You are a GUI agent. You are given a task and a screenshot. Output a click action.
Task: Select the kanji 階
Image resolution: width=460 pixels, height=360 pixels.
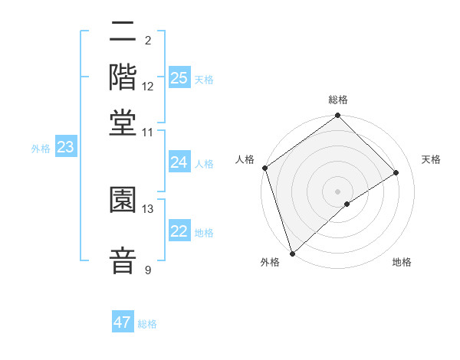pyautogui.click(x=123, y=78)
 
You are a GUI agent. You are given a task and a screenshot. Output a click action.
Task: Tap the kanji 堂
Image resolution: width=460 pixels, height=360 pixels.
pyautogui.click(x=123, y=122)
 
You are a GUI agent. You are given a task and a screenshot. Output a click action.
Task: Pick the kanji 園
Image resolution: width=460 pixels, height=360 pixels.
pyautogui.click(x=123, y=200)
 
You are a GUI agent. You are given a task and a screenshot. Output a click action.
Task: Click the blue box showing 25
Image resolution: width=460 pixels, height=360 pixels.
pyautogui.click(x=179, y=78)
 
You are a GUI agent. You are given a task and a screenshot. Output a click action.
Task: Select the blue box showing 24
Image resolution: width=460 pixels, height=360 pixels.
pyautogui.click(x=179, y=162)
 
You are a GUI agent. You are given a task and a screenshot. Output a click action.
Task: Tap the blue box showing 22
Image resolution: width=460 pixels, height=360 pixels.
pyautogui.click(x=179, y=231)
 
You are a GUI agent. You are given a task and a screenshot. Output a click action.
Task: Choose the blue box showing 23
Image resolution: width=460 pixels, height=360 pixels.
pyautogui.click(x=65, y=148)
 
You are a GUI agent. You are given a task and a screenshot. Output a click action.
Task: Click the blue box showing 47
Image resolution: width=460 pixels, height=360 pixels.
pyautogui.click(x=123, y=322)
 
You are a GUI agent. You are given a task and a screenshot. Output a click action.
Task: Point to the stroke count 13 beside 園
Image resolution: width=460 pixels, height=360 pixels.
pyautogui.click(x=148, y=208)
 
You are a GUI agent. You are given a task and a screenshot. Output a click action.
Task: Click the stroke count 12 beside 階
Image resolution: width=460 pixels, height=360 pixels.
pyautogui.click(x=148, y=87)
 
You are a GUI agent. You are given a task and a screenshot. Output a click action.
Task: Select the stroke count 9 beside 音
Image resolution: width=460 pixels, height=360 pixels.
pyautogui.click(x=148, y=270)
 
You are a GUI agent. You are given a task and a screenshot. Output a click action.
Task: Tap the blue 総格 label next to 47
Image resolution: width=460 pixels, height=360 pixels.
pyautogui.click(x=147, y=324)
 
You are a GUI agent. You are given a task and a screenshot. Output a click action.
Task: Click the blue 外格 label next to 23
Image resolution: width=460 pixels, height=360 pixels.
pyautogui.click(x=41, y=149)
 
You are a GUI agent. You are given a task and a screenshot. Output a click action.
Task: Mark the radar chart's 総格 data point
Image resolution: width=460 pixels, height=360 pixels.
pyautogui.click(x=337, y=116)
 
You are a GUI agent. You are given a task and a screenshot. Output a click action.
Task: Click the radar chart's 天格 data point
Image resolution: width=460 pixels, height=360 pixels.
pyautogui.click(x=396, y=172)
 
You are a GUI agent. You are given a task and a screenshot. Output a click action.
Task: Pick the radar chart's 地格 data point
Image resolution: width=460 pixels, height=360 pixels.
pyautogui.click(x=347, y=204)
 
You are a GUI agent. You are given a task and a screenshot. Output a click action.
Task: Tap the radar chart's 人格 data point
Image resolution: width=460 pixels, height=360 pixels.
pyautogui.click(x=264, y=168)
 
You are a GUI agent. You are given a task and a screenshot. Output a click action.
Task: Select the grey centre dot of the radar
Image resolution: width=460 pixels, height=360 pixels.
pyautogui.click(x=337, y=191)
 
